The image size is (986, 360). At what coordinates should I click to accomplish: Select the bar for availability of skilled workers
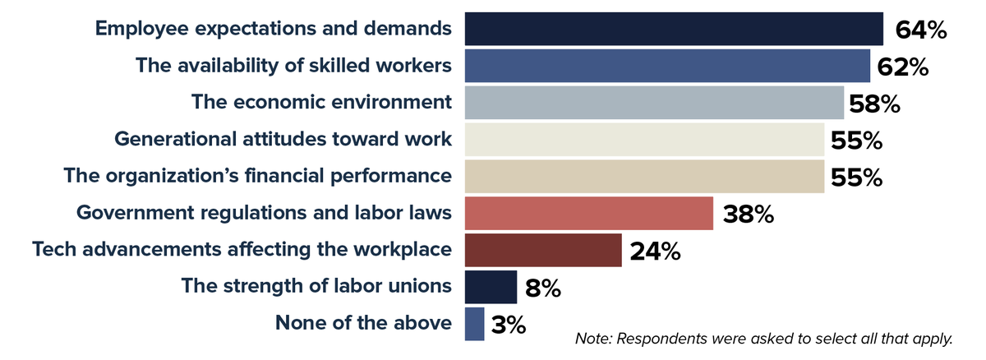667,66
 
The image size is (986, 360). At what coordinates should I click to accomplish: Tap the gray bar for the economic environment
654,103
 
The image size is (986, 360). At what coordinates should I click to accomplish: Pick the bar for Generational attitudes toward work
644,140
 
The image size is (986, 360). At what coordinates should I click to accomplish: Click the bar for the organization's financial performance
644,176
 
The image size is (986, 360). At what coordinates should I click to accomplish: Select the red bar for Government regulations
588,213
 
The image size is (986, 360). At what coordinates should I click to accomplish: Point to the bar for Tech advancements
543,250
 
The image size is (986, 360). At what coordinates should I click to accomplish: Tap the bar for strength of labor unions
491,287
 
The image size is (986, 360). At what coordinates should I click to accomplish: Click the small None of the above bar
474,324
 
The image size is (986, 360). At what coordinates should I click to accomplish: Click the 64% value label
921,30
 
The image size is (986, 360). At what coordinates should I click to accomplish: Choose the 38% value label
749,214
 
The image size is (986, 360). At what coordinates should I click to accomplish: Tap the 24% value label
655,251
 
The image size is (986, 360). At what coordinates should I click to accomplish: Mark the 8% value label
542,288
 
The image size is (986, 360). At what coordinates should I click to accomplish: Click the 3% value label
509,325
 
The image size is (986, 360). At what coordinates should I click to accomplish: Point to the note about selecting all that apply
763,339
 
